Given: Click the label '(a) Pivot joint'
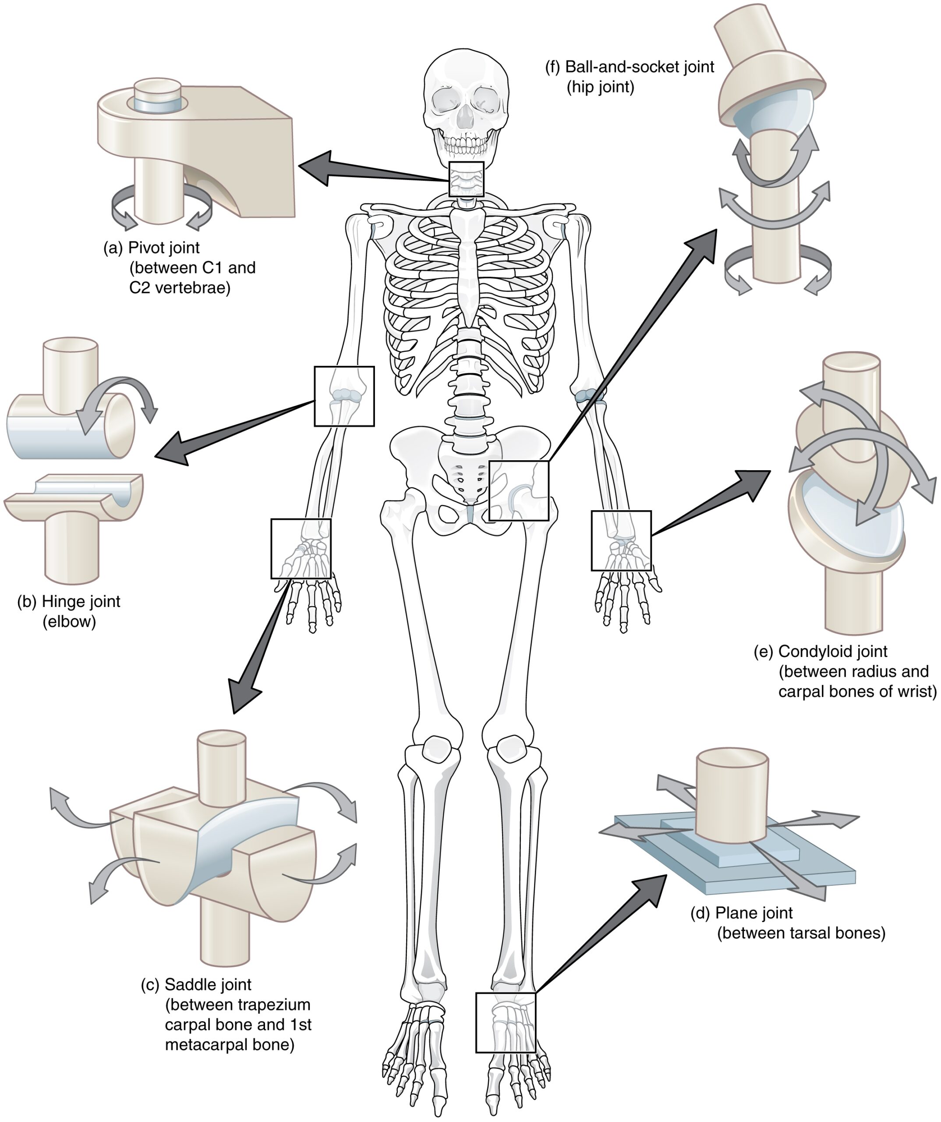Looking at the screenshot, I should click(152, 248).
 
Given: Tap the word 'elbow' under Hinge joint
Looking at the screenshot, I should click(69, 622).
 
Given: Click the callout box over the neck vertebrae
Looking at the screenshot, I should click(466, 179).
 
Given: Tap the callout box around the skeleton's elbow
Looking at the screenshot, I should click(344, 396).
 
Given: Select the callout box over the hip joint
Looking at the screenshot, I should click(519, 490).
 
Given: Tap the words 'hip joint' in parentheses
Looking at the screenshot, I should click(600, 86).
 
